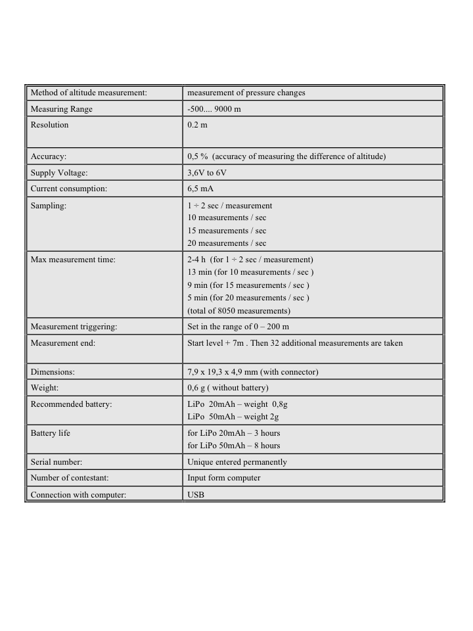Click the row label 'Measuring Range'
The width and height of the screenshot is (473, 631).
62,109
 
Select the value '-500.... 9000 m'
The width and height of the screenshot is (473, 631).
214,109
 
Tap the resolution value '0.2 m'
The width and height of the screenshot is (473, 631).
197,125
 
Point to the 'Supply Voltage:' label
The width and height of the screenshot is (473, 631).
59,173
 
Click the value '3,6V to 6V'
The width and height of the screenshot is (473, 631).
207,173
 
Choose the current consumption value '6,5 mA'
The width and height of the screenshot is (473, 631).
201,189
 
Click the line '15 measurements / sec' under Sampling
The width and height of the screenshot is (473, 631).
227,231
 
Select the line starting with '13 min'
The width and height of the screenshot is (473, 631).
250,272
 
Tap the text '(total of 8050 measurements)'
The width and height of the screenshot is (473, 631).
238,311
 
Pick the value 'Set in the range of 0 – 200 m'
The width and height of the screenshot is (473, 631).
238,327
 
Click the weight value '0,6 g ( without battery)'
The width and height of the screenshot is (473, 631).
228,388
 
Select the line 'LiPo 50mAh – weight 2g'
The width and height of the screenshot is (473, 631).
233,417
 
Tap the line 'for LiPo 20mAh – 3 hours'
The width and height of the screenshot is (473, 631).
234,433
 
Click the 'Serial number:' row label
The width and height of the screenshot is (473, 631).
56,462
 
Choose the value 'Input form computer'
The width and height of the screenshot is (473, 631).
224,478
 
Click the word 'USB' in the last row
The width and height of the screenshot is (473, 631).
196,494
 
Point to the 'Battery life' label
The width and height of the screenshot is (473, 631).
51,433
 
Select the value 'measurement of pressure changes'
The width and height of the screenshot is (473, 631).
246,93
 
